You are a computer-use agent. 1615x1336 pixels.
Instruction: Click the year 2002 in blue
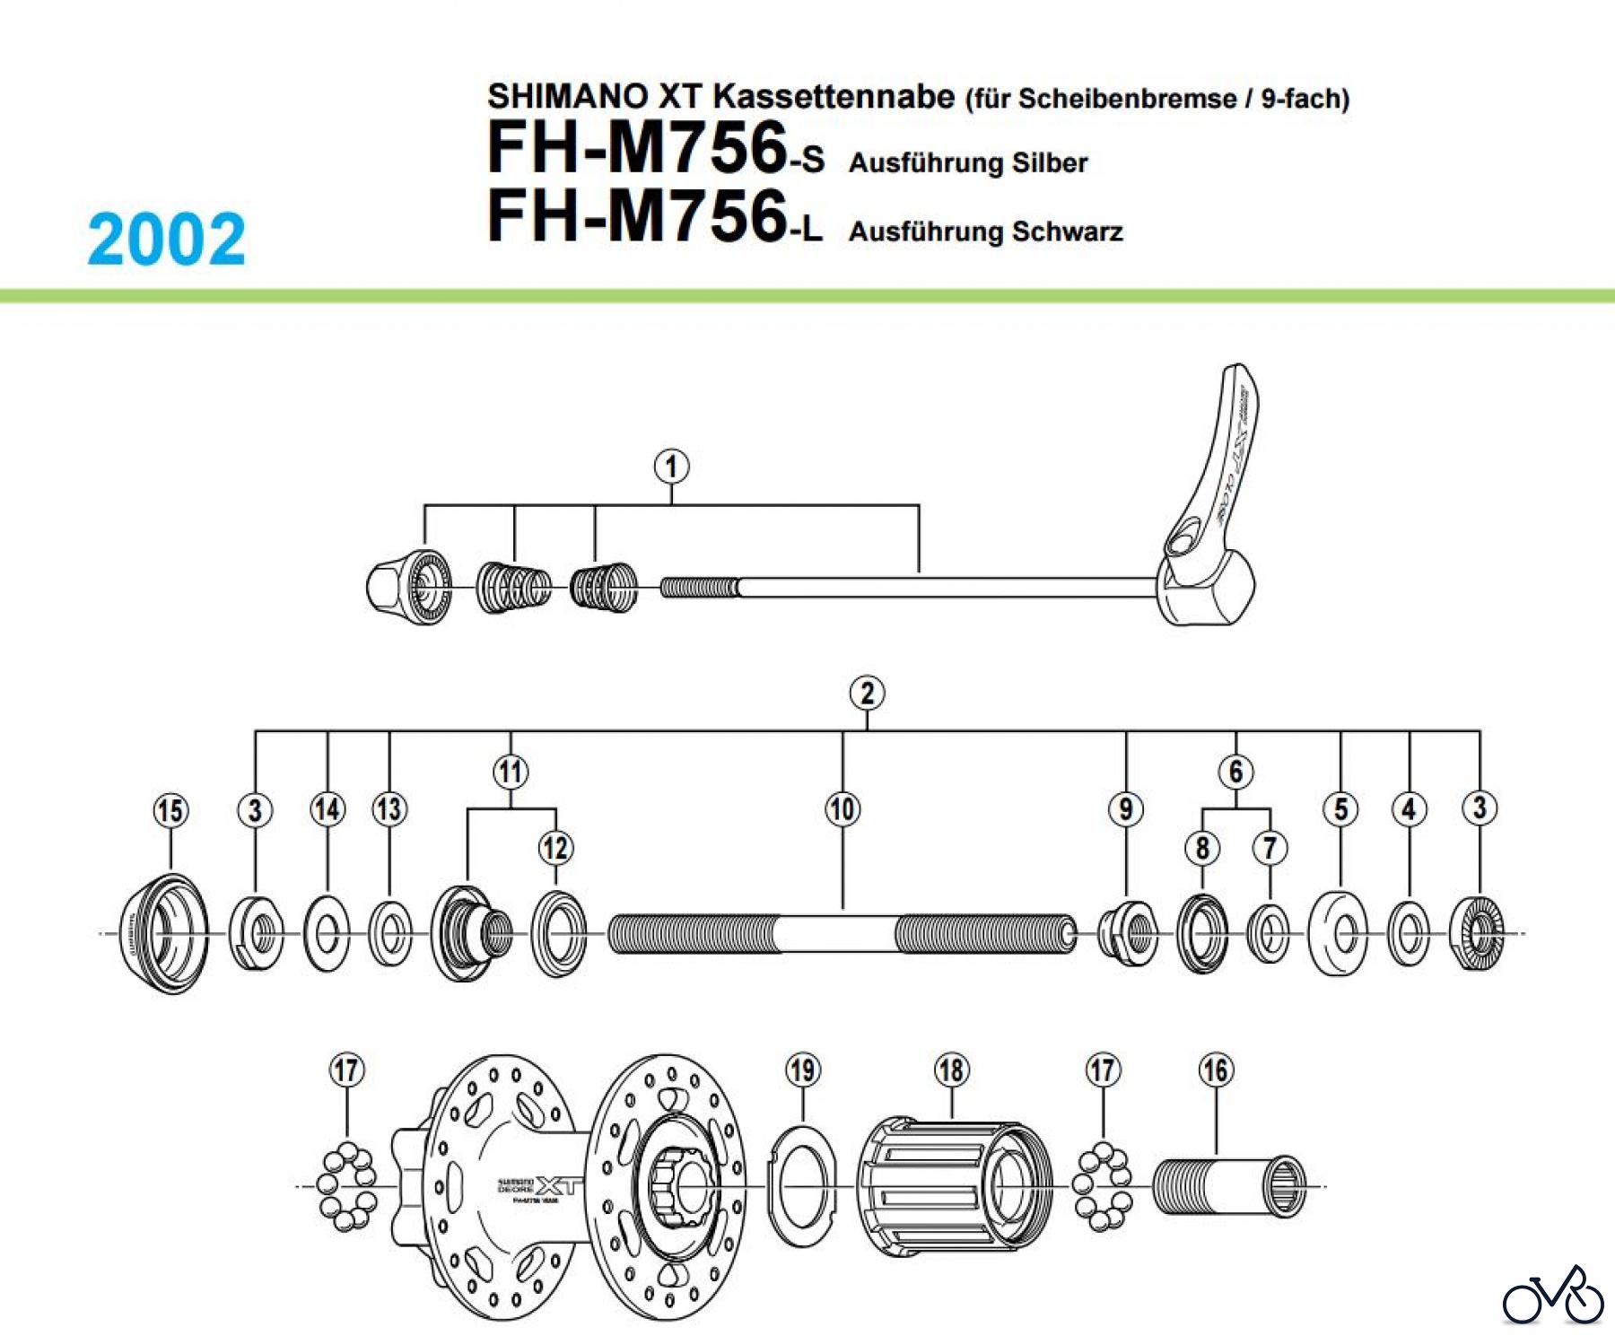[x=166, y=240]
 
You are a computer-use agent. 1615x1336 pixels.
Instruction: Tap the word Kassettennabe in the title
[x=834, y=96]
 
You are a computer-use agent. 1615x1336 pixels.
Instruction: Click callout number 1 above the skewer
[x=671, y=467]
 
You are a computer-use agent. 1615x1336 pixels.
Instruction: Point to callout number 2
[x=867, y=694]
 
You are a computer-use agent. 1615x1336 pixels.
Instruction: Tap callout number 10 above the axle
[x=842, y=809]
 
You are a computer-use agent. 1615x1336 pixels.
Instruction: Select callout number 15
[x=170, y=811]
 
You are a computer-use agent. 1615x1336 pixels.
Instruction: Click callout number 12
[x=555, y=848]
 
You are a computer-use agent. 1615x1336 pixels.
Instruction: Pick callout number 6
[x=1235, y=772]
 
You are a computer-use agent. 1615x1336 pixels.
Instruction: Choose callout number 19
[x=802, y=1070]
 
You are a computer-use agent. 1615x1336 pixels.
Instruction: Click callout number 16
[x=1216, y=1070]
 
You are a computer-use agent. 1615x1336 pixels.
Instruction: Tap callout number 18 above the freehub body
[x=951, y=1070]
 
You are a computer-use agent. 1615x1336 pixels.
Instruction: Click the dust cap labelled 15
[x=164, y=933]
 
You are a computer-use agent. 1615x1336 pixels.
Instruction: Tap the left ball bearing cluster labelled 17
[x=348, y=1186]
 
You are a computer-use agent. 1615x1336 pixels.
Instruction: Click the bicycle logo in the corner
[x=1553, y=1296]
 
